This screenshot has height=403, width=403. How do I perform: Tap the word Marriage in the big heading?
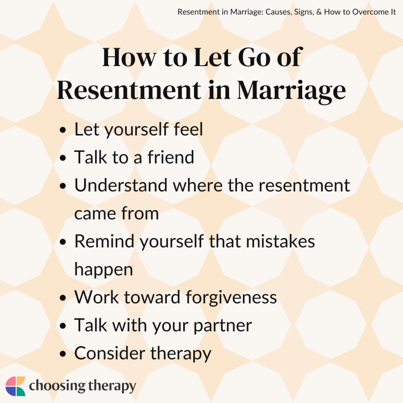[x=291, y=90]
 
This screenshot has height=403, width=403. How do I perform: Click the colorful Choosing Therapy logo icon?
[x=15, y=386]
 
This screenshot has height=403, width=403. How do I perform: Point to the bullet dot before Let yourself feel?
[x=63, y=131]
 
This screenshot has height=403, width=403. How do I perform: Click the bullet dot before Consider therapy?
[x=63, y=354]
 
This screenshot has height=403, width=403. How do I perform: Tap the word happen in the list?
[x=104, y=270]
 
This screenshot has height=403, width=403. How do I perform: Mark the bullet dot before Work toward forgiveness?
[x=63, y=298]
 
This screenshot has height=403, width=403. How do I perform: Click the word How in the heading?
[x=128, y=58]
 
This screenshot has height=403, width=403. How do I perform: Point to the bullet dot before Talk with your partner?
[x=63, y=326]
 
